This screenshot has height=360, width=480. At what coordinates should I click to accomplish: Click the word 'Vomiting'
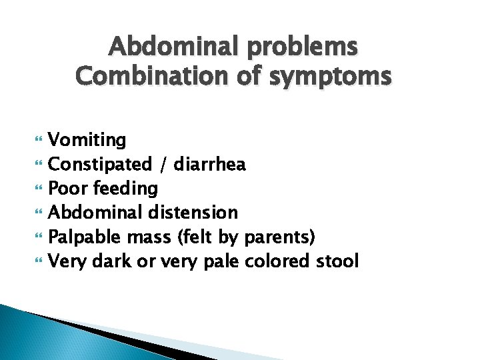[87, 141]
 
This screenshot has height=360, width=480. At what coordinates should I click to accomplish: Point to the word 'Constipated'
[101, 165]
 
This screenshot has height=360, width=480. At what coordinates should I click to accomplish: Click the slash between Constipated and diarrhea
[163, 165]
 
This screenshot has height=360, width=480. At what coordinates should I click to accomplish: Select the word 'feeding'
[125, 189]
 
